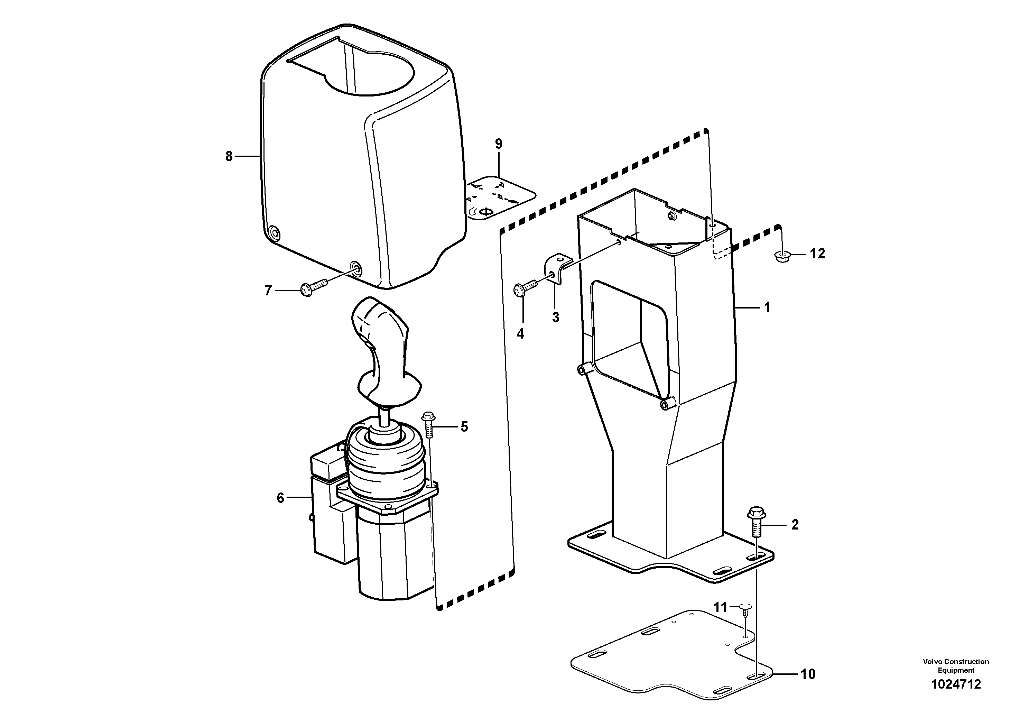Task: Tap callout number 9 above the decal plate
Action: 498,144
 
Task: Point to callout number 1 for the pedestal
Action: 767,307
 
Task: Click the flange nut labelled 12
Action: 782,256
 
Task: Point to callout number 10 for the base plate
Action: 808,674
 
